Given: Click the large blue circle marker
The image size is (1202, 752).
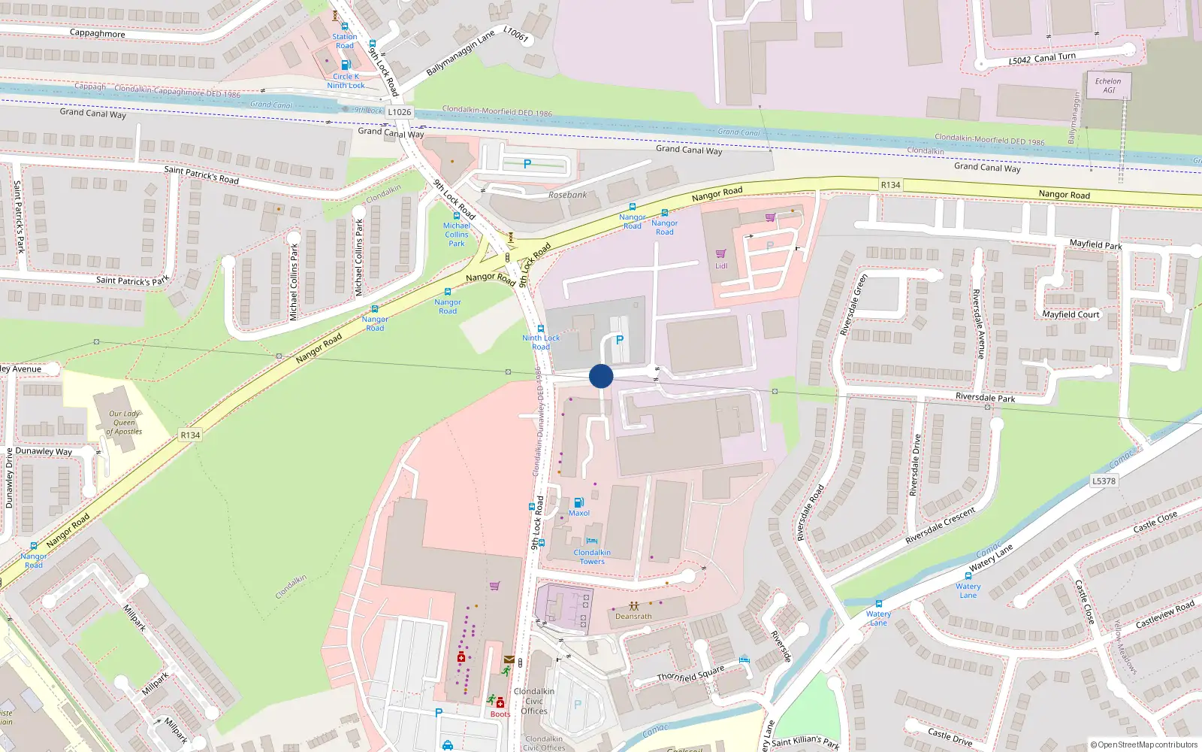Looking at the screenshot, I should point(601,376).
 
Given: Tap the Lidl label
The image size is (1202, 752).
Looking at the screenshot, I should point(721,265).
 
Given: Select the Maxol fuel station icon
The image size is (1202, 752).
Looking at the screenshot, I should point(578,502).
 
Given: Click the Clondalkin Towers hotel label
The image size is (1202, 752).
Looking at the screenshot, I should point(592,556).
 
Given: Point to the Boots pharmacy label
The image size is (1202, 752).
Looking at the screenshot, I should point(500,714).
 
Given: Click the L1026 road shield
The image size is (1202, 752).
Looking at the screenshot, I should point(400,112).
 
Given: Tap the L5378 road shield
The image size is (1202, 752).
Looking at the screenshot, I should point(1104,481).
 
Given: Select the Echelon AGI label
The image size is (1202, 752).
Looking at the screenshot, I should point(1108,86).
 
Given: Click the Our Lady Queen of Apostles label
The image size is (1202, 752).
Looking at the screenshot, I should point(125,423).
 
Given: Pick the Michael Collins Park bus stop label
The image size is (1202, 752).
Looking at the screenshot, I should point(456,235).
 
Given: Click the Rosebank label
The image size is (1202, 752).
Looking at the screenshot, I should point(567,195).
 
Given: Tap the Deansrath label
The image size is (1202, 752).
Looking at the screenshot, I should point(633,616).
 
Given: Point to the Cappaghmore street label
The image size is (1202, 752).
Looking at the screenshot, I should point(98,33).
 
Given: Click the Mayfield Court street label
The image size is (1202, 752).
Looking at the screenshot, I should point(1071,314).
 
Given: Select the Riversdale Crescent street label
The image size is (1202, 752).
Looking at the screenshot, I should point(941,526).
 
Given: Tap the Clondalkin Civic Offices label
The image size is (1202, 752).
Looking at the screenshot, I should point(534,701).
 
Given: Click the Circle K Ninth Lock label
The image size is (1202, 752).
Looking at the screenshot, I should point(346,80).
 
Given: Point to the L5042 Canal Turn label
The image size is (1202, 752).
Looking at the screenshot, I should point(1042,58).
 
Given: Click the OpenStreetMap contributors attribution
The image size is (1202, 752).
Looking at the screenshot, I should point(1144,744).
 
